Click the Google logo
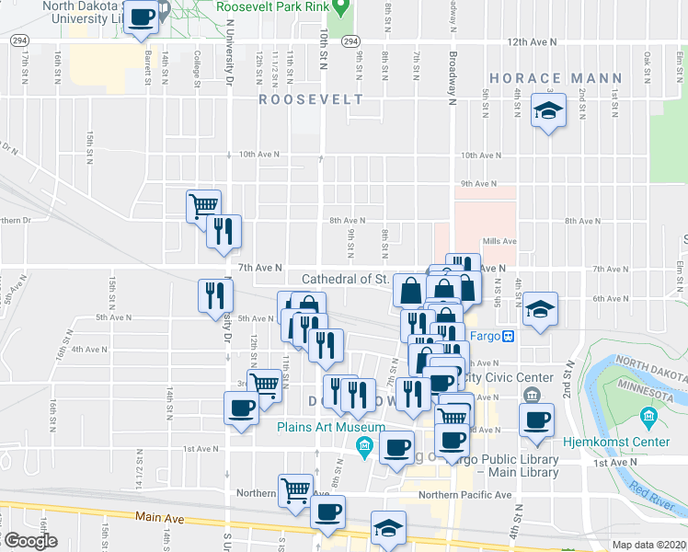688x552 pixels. [29, 541]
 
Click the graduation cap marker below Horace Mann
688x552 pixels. [549, 111]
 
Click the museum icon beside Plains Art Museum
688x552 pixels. [363, 448]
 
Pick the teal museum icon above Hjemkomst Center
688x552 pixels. [649, 420]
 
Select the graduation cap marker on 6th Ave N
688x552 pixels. [540, 309]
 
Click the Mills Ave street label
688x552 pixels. [499, 241]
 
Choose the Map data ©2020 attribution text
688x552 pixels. [648, 545]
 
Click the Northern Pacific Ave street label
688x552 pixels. [464, 495]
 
